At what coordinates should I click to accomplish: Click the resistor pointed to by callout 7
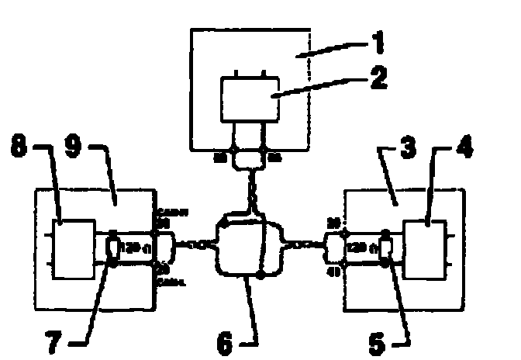point(113,249)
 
